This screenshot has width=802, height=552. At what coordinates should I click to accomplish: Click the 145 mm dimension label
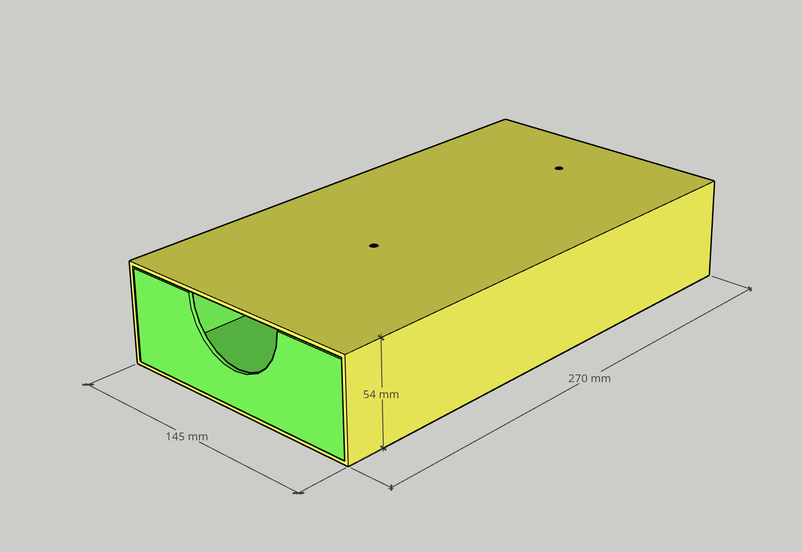[187, 437]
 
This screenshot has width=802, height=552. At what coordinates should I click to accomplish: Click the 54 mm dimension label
[381, 394]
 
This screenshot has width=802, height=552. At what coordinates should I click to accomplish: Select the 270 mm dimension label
[589, 379]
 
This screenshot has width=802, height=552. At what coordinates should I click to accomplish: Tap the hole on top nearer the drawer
[374, 246]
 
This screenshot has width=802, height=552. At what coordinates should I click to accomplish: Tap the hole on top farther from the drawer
[559, 168]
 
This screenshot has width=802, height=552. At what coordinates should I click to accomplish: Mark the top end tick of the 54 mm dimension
[381, 337]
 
